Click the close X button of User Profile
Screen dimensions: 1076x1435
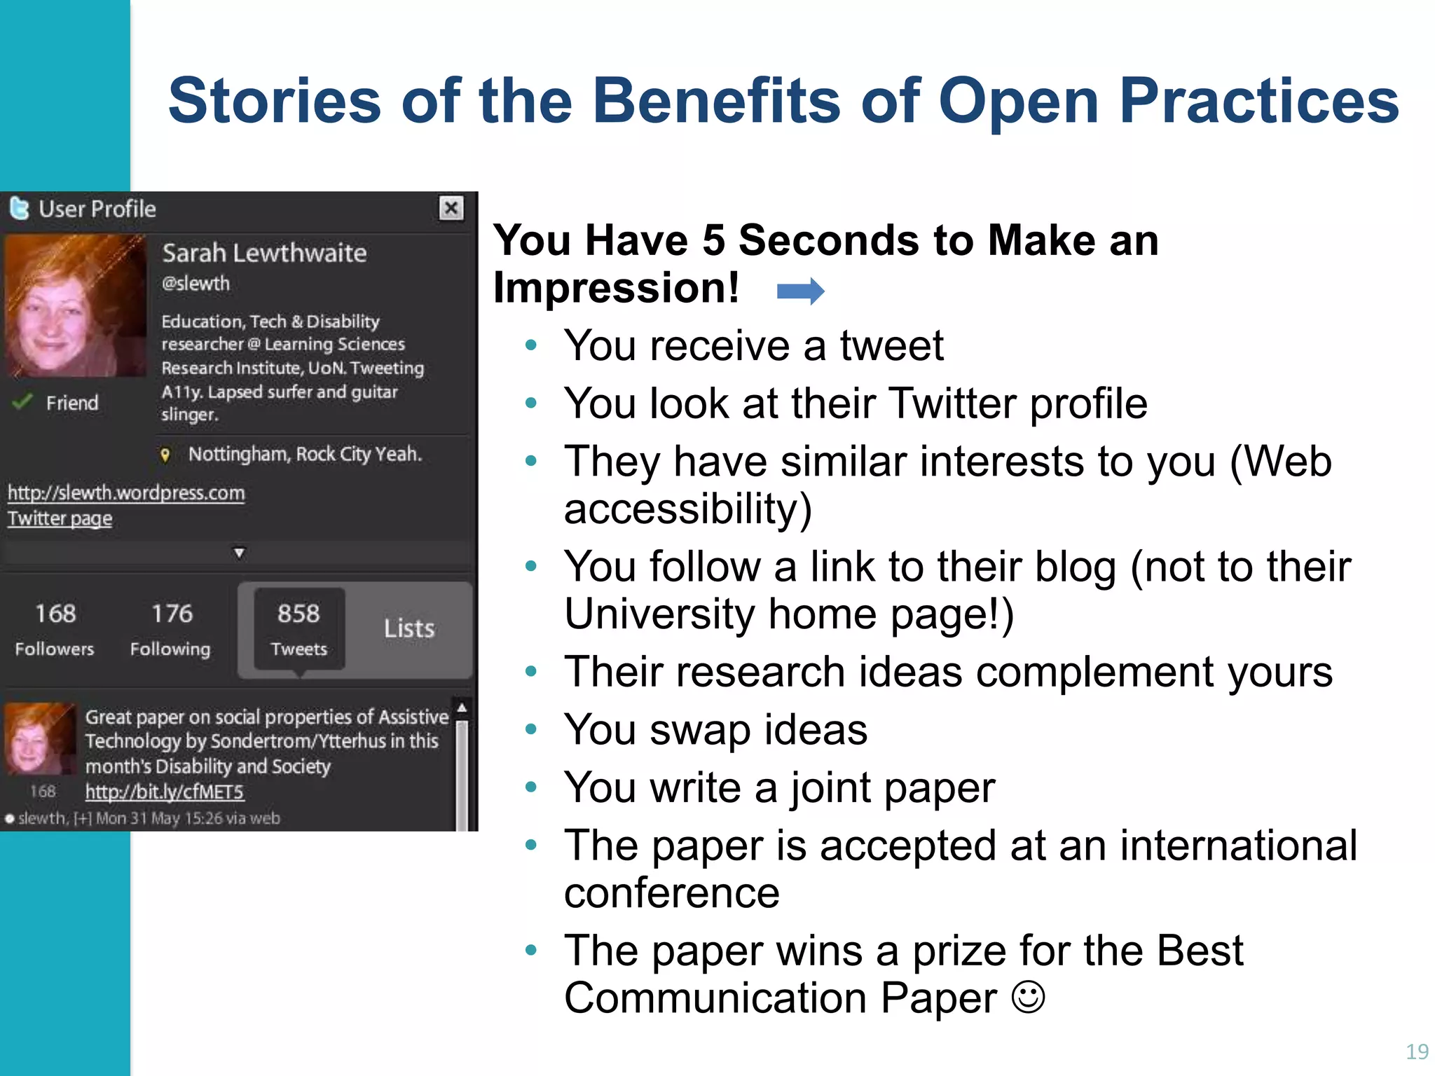(451, 208)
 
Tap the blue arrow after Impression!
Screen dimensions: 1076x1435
(800, 291)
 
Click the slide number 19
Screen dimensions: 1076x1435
(1417, 1051)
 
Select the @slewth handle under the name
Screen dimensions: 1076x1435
(195, 284)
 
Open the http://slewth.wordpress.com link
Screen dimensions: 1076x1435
(126, 493)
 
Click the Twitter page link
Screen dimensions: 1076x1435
(60, 519)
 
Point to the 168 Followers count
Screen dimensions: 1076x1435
(55, 628)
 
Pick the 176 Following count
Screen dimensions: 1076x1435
(170, 628)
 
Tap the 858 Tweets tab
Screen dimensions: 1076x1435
(298, 628)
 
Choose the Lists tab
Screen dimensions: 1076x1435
(409, 628)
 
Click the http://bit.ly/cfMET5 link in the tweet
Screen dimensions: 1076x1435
(165, 792)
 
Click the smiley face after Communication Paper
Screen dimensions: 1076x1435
(1028, 997)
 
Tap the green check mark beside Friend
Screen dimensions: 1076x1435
(22, 402)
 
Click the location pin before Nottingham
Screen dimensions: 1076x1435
(165, 455)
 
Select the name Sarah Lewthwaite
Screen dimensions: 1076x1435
(264, 253)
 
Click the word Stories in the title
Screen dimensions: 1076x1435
(274, 101)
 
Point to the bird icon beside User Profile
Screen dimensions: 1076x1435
(20, 208)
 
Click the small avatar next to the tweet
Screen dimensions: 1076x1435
(39, 738)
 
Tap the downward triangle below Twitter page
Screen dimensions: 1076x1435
(239, 553)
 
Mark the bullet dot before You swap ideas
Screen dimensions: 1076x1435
(531, 729)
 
